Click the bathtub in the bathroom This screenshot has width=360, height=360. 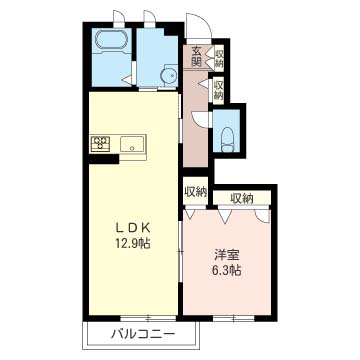click(x=111, y=41)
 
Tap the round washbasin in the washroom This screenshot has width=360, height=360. click(x=169, y=76)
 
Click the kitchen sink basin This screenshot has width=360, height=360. click(x=132, y=145)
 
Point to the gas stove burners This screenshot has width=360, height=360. click(x=100, y=144)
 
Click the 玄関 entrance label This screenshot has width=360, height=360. click(x=197, y=57)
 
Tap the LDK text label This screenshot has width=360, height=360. click(x=132, y=228)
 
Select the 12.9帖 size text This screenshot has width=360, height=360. click(x=132, y=244)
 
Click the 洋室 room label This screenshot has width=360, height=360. click(x=227, y=255)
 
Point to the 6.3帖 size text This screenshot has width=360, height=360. click(x=227, y=270)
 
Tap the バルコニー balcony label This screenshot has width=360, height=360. click(x=143, y=334)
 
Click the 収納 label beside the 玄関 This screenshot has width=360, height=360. click(x=219, y=59)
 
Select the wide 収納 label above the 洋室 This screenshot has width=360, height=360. click(x=242, y=199)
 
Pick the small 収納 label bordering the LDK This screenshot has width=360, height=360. click(x=196, y=192)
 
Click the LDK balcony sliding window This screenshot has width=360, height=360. click(x=148, y=318)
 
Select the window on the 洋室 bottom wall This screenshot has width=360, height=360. click(x=233, y=318)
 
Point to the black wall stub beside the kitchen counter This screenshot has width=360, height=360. click(x=104, y=159)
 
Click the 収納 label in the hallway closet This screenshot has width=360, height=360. click(x=218, y=88)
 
